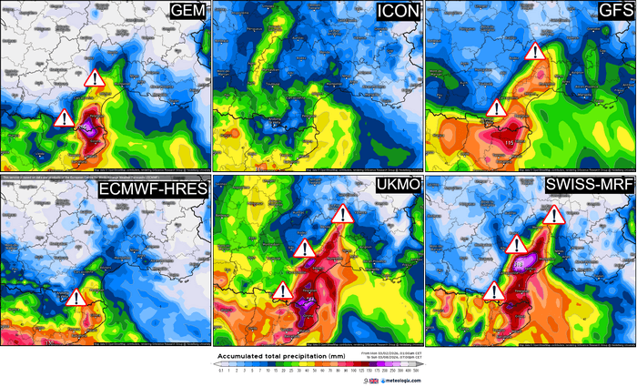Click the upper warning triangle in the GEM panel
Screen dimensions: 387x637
pyautogui.click(x=95, y=79)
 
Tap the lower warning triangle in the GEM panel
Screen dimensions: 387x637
pyautogui.click(x=64, y=118)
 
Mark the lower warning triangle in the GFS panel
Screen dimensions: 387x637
pyautogui.click(x=496, y=109)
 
